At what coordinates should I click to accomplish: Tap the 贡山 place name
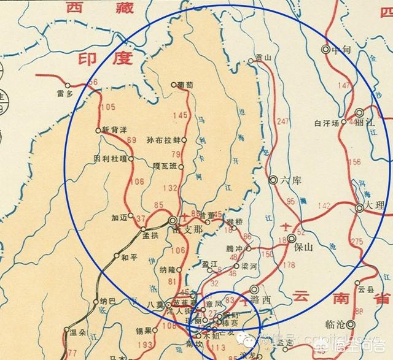coord(263,57)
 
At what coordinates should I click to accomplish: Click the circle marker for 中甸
coord(325,50)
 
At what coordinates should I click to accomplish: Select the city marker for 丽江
coord(360,112)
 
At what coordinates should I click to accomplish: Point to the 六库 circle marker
coord(273,180)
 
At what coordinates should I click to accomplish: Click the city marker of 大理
coord(359,209)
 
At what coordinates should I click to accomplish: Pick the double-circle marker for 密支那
coord(173,220)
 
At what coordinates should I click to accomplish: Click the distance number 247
coord(282,121)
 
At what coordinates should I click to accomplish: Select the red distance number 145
coord(180,115)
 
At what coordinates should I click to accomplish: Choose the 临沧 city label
coord(335,324)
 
